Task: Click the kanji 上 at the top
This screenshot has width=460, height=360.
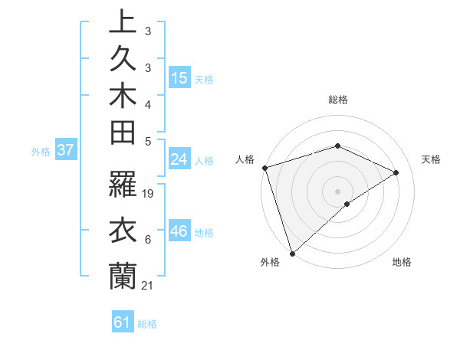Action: point(122,24)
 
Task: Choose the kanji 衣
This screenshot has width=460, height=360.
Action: point(122,231)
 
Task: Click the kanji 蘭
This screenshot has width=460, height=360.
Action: point(122,276)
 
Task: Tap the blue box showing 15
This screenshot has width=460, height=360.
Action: point(179,77)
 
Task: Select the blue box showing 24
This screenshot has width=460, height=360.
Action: point(179,159)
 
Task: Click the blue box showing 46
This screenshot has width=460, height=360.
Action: point(179,231)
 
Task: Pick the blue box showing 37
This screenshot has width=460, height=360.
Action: point(65,150)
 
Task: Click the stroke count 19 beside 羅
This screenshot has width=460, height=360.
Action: point(149,194)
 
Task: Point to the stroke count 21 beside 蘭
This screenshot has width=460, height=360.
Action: point(149,286)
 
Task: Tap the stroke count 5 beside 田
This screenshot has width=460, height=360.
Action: point(148,141)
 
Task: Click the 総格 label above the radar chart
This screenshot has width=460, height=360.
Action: point(337,100)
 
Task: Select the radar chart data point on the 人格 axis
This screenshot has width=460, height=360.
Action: point(264,168)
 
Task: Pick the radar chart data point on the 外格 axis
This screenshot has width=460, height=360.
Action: point(292,253)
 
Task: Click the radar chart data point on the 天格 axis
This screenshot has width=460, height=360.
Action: point(396,172)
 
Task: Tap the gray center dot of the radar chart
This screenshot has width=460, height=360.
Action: point(337,191)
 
